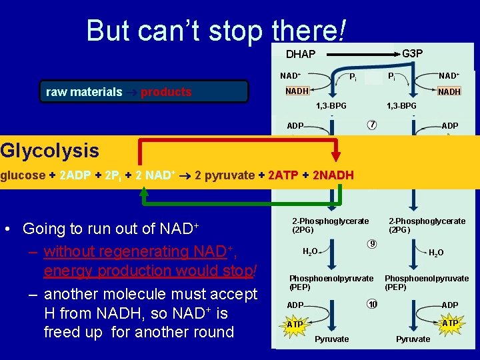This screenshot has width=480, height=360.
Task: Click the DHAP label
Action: pyautogui.click(x=300, y=54)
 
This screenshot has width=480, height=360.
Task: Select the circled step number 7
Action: pyautogui.click(x=372, y=125)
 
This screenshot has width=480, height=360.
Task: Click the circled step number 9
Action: pyautogui.click(x=372, y=244)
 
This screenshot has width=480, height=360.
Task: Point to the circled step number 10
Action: pyautogui.click(x=372, y=304)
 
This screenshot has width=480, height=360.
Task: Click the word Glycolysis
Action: pyautogui.click(x=50, y=151)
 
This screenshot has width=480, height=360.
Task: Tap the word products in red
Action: pyautogui.click(x=166, y=92)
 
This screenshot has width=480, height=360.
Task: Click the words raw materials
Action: pyautogui.click(x=84, y=92)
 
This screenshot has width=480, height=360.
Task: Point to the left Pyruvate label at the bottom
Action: pyautogui.click(x=331, y=339)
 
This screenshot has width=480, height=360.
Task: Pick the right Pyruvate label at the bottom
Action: pyautogui.click(x=413, y=339)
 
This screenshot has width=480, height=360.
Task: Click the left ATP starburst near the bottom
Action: pyautogui.click(x=295, y=324)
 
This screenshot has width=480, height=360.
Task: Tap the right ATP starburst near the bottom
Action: pyautogui.click(x=450, y=323)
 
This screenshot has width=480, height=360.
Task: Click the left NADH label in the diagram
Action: pyautogui.click(x=297, y=91)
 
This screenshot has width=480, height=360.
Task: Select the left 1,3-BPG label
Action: pyautogui.click(x=331, y=106)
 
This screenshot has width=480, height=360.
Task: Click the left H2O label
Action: pyautogui.click(x=310, y=251)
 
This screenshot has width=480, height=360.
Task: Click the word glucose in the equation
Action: pyautogui.click(x=22, y=175)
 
